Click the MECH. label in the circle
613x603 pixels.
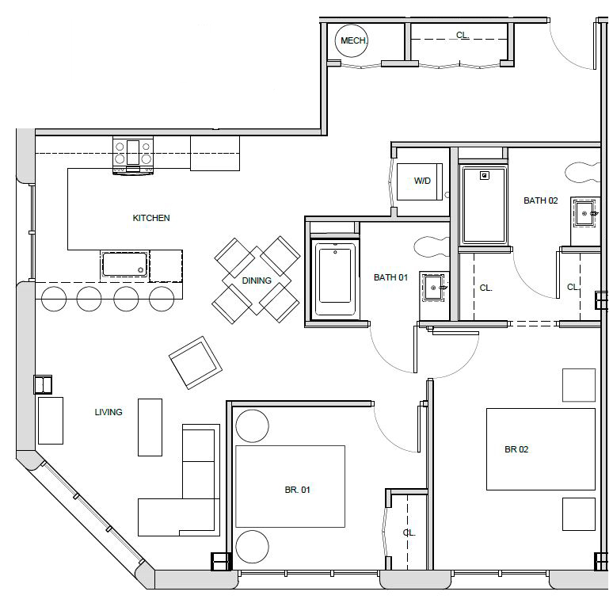coord(354,40)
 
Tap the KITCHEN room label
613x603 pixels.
coord(151,218)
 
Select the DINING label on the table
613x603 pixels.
coord(257,281)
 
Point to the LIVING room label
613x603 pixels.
coord(109,412)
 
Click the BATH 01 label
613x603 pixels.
coord(390,277)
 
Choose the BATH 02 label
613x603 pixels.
coord(541,200)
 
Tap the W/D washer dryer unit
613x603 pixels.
coord(420,181)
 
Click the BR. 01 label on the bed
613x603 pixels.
coord(297,490)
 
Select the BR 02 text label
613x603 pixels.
coord(516,449)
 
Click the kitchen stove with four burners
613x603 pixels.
coord(133,155)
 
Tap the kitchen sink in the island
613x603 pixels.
coord(124,264)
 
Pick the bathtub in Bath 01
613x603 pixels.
coord(335,277)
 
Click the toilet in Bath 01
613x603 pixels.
coord(431,246)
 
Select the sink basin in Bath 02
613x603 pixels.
coord(584,213)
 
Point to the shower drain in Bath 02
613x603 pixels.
coord(485,176)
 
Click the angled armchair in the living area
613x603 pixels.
coord(196,362)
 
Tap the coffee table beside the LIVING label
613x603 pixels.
coord(150,427)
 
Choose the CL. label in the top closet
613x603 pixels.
coord(463,35)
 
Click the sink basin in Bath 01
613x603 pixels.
coord(433,288)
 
